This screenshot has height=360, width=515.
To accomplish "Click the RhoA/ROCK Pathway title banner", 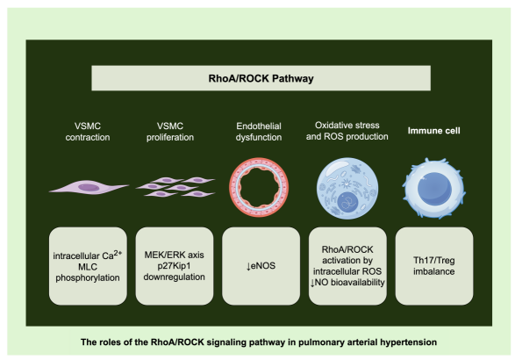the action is pos(261,78).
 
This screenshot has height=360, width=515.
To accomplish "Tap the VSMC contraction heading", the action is pos(88,132).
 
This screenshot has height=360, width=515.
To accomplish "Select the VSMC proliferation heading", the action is pos(170,132).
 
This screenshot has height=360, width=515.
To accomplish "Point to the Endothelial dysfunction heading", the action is pos(259,132).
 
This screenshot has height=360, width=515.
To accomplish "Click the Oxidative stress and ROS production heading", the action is pos(347,131).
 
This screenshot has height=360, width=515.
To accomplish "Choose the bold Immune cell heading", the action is pos(434,131).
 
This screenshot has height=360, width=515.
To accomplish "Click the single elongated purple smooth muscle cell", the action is pos(89,187).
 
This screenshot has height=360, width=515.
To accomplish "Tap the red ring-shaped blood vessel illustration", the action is pos(259,187).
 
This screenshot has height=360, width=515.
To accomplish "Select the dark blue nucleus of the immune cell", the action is pos(434,189).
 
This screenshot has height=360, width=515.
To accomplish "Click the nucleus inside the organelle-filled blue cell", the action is pos(348,203).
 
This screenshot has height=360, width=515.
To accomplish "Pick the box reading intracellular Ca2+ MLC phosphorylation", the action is pos(88,266).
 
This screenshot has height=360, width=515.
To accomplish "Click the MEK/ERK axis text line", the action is pos(174,255).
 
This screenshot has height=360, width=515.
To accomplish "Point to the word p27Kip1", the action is pos(174,266).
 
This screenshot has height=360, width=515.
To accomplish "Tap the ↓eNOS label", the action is pos(261,266).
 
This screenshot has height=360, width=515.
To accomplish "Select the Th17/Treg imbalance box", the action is pos(434,266).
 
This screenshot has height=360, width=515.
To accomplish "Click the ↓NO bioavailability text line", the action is pos(347,283).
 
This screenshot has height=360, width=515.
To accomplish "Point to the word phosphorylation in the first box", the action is pos(88,277).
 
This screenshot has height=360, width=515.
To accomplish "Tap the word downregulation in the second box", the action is pos(174,277).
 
